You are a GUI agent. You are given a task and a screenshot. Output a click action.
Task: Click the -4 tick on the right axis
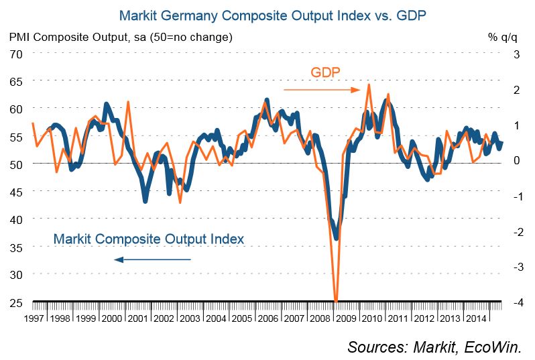(x=516, y=302)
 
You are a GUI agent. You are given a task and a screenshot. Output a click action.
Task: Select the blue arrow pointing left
(x=152, y=259)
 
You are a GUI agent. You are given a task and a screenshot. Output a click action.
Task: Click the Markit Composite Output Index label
(x=148, y=239)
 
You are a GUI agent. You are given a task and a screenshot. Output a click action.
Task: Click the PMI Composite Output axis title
(x=121, y=37)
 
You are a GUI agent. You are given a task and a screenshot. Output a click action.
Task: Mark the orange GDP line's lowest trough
(x=336, y=300)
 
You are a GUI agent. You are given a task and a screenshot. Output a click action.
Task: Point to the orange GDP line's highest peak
(x=369, y=85)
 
